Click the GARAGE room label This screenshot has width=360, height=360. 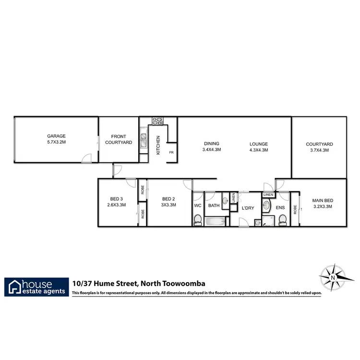pos(56,136)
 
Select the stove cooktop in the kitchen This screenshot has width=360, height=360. pos(157,122)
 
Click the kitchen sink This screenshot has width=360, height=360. pos(143,140)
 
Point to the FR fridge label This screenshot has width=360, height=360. pos(171,153)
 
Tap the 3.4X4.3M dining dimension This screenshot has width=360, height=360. pos(212,150)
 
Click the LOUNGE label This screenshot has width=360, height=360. pos(258,144)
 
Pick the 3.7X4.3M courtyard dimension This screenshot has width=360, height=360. pos(319,150)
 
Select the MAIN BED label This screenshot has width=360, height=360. pos(322,201)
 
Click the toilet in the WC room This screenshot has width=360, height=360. pos(198,220)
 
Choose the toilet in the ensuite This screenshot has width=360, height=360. pos(282,219)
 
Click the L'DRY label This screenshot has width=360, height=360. pos(248,207)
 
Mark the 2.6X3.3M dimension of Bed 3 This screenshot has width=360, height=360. pos(117,205)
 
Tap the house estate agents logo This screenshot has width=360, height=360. pos(36,287)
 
